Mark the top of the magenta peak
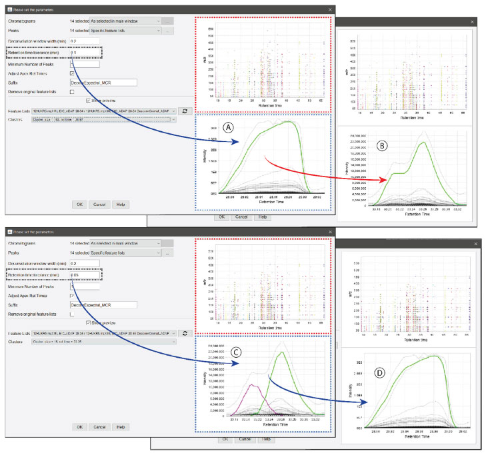(251, 385)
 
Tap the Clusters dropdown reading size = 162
(103, 120)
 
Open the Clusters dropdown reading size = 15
(103, 342)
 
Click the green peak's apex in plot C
(281, 352)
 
